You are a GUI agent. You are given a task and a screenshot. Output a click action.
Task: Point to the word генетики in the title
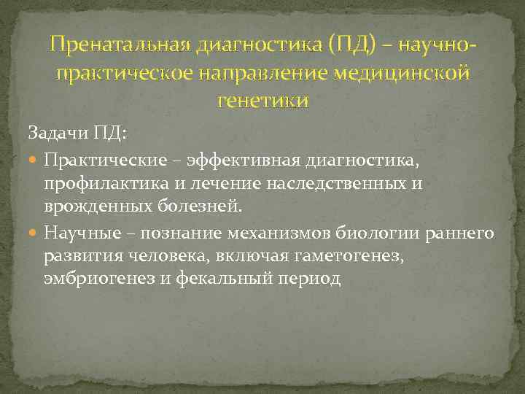262,100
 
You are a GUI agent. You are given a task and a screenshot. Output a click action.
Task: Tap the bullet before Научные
34,233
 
